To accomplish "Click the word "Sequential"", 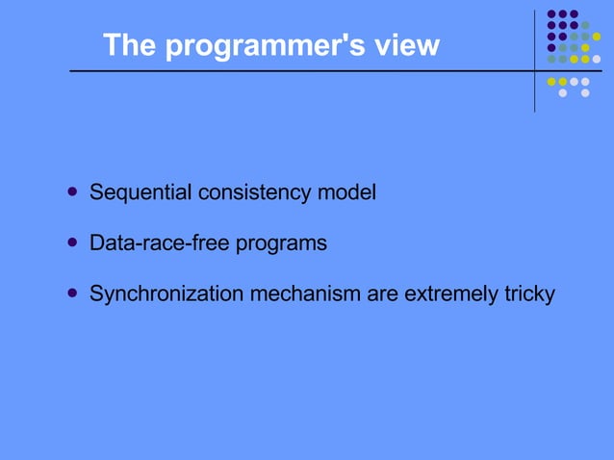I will click(x=141, y=192).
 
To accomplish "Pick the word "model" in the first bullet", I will click(x=346, y=192).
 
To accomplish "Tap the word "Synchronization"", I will click(x=166, y=294).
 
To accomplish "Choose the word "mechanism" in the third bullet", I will click(x=305, y=294).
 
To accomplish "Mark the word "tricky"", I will click(x=529, y=294).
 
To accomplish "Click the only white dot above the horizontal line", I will click(x=596, y=59).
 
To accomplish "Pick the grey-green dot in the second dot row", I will click(x=585, y=25).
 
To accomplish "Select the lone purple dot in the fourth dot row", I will click(x=551, y=48).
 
